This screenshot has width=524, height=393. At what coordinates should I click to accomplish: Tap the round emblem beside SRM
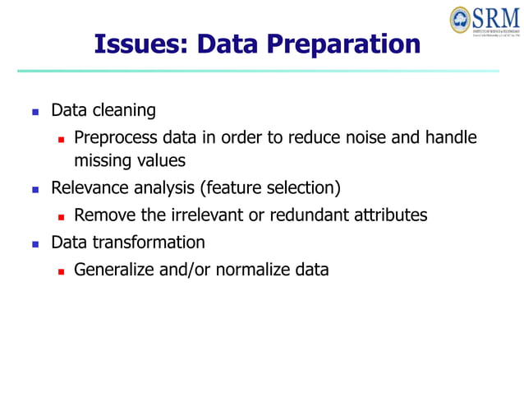coord(461,20)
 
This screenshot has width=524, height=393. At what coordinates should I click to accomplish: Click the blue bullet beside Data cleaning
coord(35,111)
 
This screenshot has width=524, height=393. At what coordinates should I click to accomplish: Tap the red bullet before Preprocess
coord(61,139)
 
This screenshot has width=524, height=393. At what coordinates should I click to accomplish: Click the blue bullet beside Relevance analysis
coord(35,189)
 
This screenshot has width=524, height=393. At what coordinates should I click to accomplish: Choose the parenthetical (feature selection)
coord(270,188)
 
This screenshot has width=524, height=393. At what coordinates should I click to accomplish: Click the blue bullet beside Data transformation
coord(35,244)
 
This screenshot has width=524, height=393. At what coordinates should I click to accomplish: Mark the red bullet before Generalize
coord(61,270)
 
